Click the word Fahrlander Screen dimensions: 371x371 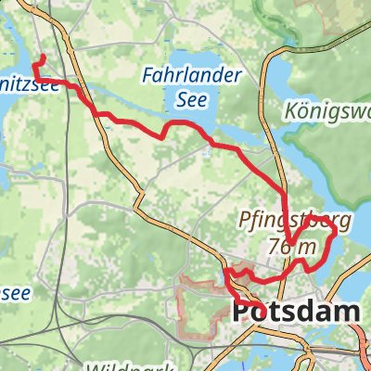pos(193,73)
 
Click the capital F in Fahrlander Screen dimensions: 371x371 pos(149,73)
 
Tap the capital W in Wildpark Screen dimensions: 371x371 pos(89,365)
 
